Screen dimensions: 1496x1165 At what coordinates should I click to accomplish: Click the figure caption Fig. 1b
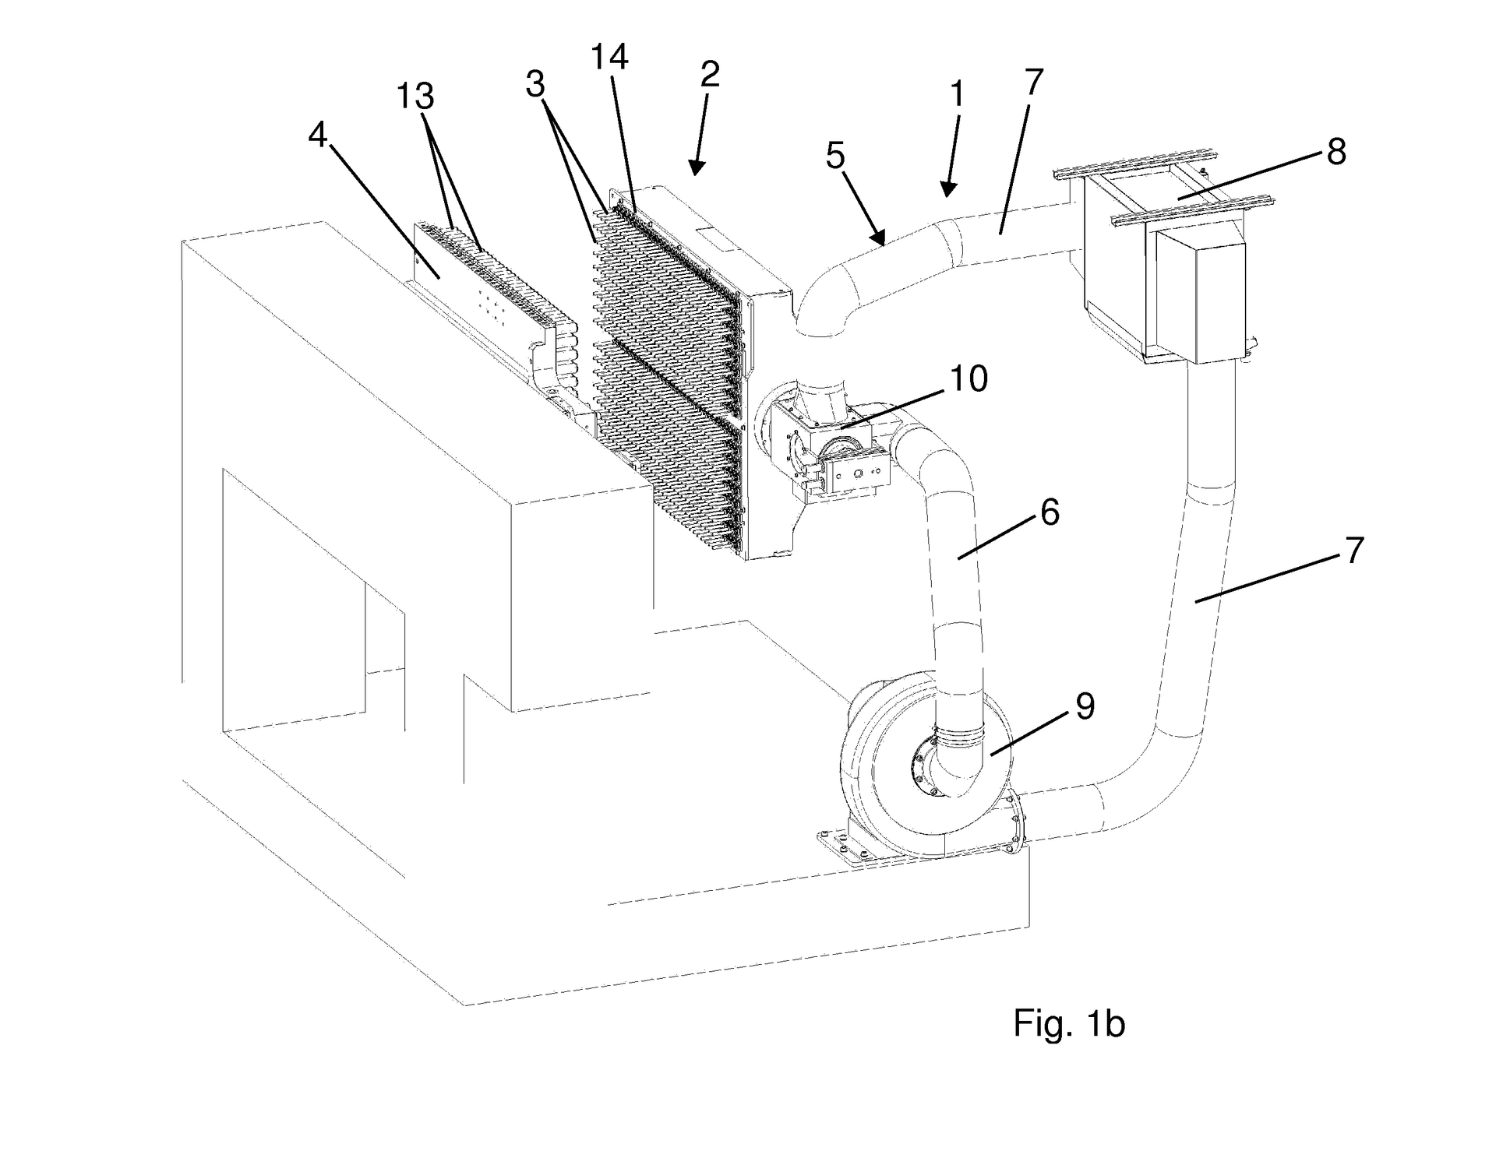click(x=1069, y=1022)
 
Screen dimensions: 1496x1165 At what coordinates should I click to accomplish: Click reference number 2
click(x=710, y=75)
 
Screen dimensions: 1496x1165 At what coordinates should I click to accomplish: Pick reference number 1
click(x=958, y=94)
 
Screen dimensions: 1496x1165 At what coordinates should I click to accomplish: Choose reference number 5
click(x=835, y=156)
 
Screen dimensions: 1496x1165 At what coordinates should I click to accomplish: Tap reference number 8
click(x=1336, y=152)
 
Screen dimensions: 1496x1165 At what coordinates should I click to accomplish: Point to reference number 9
click(x=1085, y=706)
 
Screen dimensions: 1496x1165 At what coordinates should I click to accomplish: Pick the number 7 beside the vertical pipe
click(x=1354, y=551)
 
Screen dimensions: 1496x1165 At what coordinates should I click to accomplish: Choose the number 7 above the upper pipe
click(x=1033, y=82)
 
